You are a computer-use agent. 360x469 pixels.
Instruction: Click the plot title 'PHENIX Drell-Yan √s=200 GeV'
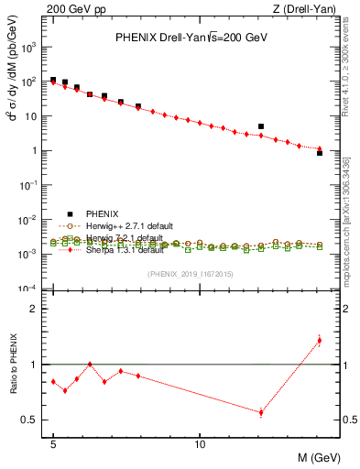coord(190,38)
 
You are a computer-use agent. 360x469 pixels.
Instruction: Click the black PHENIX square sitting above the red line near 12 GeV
coord(261,126)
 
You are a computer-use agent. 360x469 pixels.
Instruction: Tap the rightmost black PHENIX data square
coord(319,153)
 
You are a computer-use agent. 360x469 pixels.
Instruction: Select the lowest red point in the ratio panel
coord(261,412)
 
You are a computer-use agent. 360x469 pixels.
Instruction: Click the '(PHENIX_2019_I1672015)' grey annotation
coord(190,275)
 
